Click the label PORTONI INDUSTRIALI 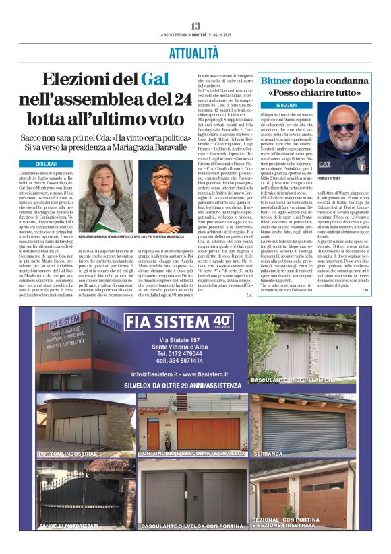[70, 454]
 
